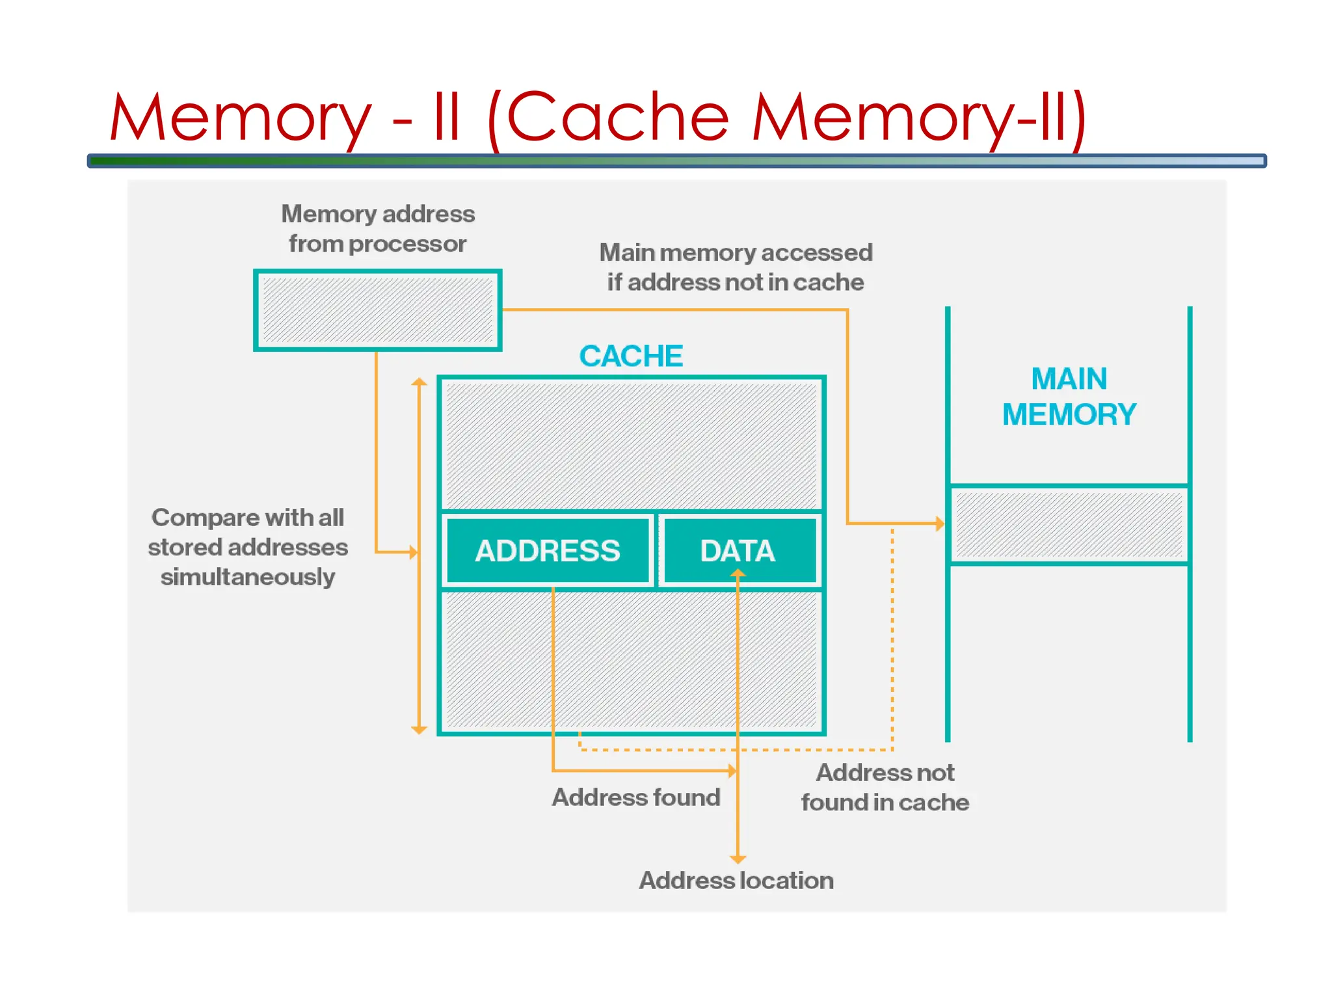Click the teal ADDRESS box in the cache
pos(547,551)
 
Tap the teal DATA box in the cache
pos(738,551)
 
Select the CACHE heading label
pos(630,356)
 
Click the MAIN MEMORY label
pos(1069,397)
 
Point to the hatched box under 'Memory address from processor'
pos(377,310)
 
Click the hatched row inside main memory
pos(1069,525)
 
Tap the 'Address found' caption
pos(635,797)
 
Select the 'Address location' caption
pos(736,881)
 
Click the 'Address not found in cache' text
pos(885,788)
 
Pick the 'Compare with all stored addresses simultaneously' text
pos(247,547)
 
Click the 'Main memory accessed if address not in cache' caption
pos(735,267)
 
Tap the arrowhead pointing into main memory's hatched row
pos(940,523)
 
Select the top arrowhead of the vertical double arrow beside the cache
pos(420,382)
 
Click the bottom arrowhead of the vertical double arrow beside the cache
pos(420,730)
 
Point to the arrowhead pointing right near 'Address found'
pos(732,771)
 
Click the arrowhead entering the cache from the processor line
pos(414,552)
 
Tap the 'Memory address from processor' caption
pos(377,229)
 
